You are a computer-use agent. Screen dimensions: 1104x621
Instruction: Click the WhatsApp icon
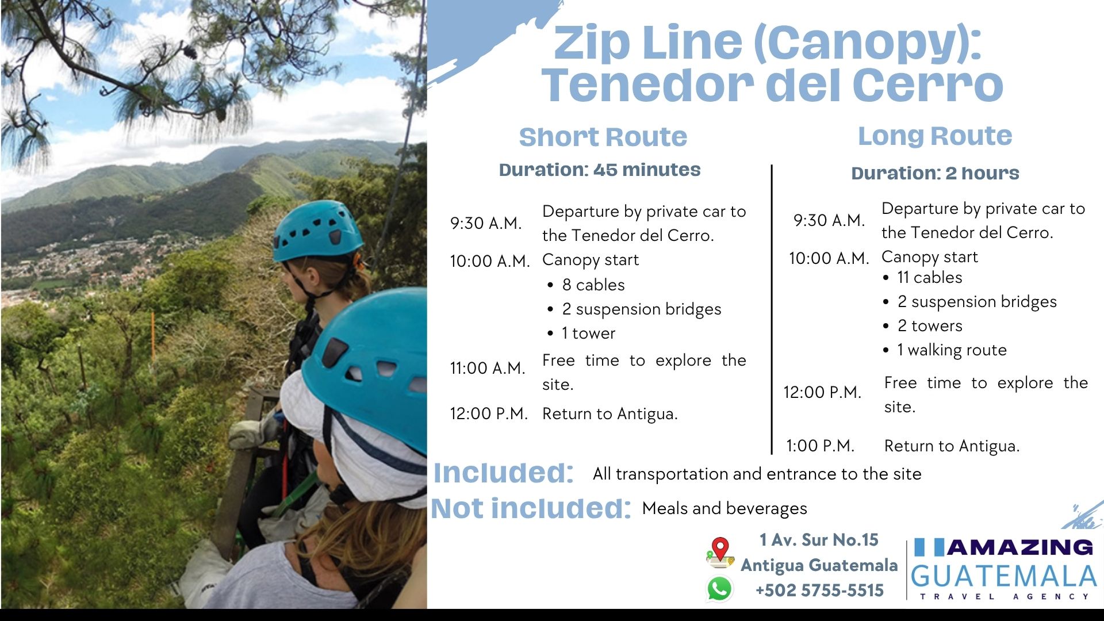[x=719, y=589]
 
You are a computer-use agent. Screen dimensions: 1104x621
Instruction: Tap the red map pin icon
[x=720, y=552]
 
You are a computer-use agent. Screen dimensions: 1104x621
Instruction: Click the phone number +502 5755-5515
[x=819, y=591]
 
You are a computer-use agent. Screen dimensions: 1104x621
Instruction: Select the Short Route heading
[x=603, y=137]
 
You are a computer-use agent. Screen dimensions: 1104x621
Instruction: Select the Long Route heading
[x=935, y=136]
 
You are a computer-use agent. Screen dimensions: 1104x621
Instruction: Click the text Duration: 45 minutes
[x=600, y=170]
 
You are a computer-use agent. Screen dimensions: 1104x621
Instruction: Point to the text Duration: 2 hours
[x=935, y=173]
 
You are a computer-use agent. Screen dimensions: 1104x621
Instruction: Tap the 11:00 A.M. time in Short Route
[x=488, y=368]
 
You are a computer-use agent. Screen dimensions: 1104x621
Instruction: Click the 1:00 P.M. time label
[x=820, y=446]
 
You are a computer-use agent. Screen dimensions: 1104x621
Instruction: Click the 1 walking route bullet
[x=945, y=350]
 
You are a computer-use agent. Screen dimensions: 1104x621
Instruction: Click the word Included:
[x=504, y=473]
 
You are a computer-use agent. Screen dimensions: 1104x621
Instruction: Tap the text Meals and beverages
[x=724, y=508]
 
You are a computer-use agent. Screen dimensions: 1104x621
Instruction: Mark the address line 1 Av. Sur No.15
[x=819, y=540]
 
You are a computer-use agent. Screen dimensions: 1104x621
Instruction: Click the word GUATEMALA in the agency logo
[x=1004, y=576]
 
